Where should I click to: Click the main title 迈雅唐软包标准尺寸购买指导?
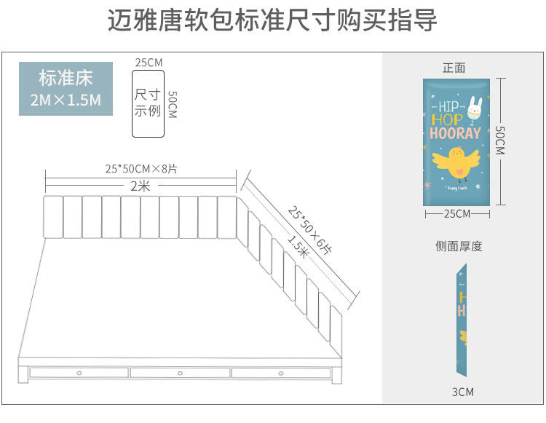coord(272,21)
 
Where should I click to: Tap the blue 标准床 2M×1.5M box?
coord(66,89)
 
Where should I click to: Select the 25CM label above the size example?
coord(149,63)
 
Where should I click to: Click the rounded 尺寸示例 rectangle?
coord(148,103)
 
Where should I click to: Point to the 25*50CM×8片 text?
coord(141,168)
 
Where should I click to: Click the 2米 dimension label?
coord(141,186)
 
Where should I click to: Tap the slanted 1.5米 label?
coord(298,248)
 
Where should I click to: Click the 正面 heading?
coord(454,68)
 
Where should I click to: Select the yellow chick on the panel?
coord(457,162)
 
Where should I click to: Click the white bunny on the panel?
coord(475,106)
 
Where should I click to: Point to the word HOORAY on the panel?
coord(455,133)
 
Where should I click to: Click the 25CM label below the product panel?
coord(457,213)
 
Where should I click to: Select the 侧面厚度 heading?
coord(459,246)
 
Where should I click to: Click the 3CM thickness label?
coord(462,392)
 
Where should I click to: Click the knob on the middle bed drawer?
coord(180,373)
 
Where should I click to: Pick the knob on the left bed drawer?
coord(79,373)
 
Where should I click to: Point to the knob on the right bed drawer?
coord(281,373)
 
